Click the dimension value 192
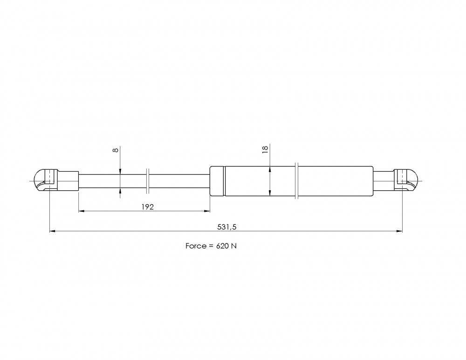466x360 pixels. tap(147, 207)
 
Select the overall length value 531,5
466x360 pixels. tap(227, 227)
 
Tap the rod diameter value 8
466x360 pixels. tap(116, 150)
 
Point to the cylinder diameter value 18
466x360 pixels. tap(265, 149)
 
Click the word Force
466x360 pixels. tap(196, 246)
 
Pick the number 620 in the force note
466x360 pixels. tap(222, 246)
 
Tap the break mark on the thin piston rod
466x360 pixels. tap(148, 181)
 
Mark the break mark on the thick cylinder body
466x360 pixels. tap(296, 181)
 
